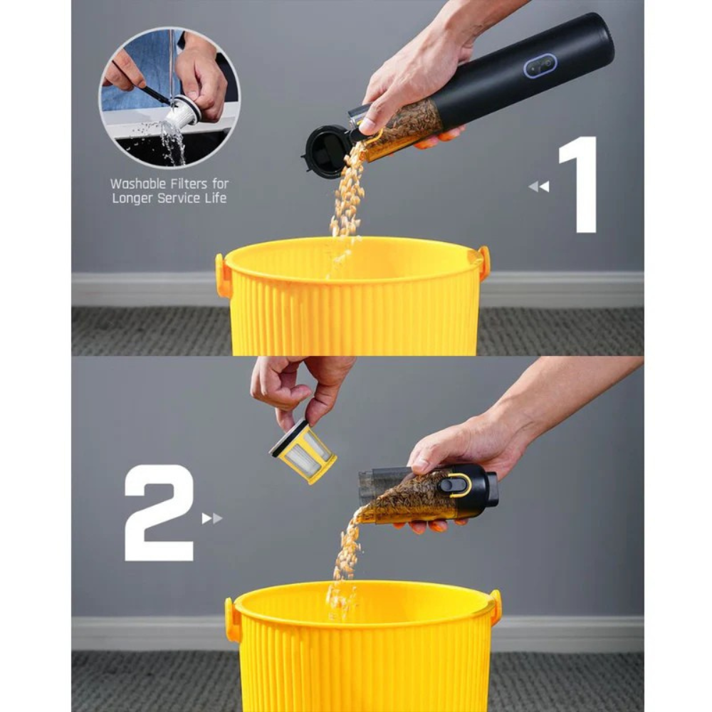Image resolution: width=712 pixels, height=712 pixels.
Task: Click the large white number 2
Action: (159, 513)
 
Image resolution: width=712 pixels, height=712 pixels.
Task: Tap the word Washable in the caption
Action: (138, 184)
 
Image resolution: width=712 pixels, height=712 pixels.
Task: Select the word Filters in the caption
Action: (189, 184)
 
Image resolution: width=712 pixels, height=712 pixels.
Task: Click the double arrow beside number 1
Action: (539, 187)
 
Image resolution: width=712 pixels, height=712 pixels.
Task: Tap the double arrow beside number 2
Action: (212, 518)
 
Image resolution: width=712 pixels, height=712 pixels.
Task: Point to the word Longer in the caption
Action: (132, 199)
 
